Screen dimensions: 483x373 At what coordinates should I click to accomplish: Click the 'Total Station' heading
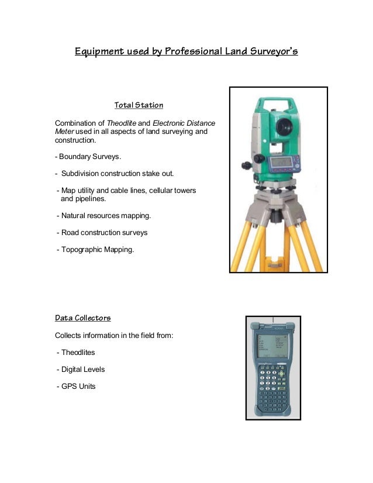pyautogui.click(x=139, y=106)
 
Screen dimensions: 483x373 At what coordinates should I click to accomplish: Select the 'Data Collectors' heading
pyautogui.click(x=82, y=318)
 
